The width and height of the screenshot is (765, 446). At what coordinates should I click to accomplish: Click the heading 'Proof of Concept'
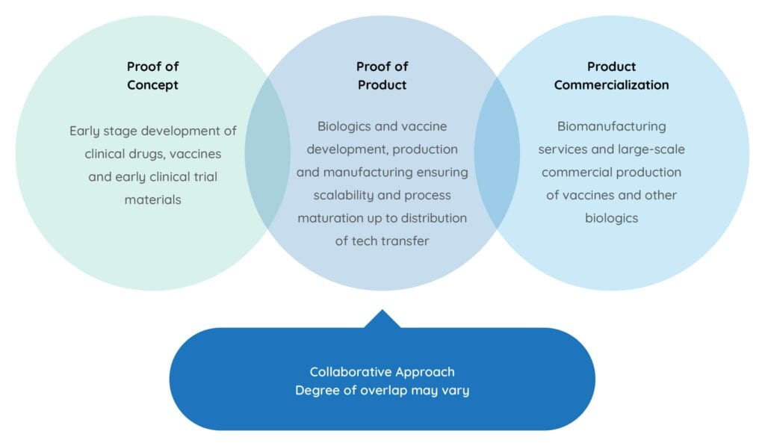point(152,75)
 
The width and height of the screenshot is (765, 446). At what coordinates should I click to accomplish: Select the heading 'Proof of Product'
point(382,75)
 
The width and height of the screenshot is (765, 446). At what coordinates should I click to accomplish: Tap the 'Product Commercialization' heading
point(611,75)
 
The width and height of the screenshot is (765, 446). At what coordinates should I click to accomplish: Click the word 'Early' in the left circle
point(87,131)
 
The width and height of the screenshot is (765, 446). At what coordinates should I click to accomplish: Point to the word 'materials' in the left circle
point(152,199)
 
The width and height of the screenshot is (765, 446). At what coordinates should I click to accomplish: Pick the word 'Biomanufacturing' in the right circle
point(611,127)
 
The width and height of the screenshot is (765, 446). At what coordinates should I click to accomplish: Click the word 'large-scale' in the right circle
point(652,149)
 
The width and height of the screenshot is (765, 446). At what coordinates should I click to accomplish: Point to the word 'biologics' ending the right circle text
point(611,218)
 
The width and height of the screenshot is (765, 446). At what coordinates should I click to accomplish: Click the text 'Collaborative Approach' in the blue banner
point(382,371)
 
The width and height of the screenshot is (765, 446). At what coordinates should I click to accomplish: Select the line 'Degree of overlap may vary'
point(382,390)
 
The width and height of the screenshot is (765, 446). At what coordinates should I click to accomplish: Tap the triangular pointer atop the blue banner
point(382,319)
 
